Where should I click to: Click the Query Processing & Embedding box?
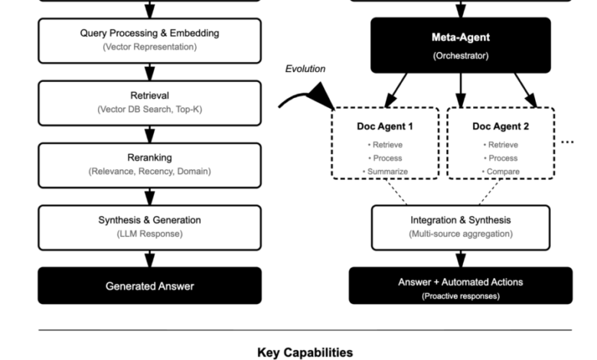(149, 40)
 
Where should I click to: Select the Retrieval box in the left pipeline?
(149, 103)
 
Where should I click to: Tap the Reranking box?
(149, 165)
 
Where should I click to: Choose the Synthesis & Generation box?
(149, 227)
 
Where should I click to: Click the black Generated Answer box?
(149, 286)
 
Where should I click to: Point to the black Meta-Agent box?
(460, 44)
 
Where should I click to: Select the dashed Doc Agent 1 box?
(386, 144)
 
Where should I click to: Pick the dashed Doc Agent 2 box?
(501, 144)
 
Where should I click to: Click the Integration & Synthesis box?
(460, 227)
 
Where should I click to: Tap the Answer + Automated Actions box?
(460, 286)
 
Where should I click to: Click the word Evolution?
(305, 69)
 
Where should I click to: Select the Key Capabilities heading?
(305, 352)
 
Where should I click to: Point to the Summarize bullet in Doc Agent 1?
(386, 172)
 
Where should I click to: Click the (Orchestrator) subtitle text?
(460, 55)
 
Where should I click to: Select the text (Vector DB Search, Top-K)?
(149, 110)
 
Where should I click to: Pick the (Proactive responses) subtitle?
(460, 296)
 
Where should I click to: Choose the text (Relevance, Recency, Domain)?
(149, 172)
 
